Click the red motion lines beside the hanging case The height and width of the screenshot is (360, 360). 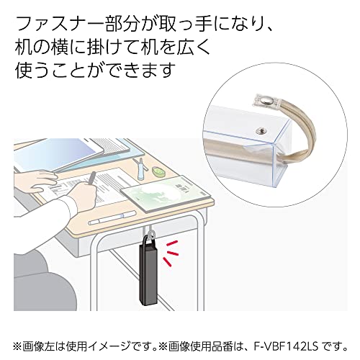click(x=174, y=251)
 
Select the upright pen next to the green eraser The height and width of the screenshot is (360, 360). click(x=143, y=170)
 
